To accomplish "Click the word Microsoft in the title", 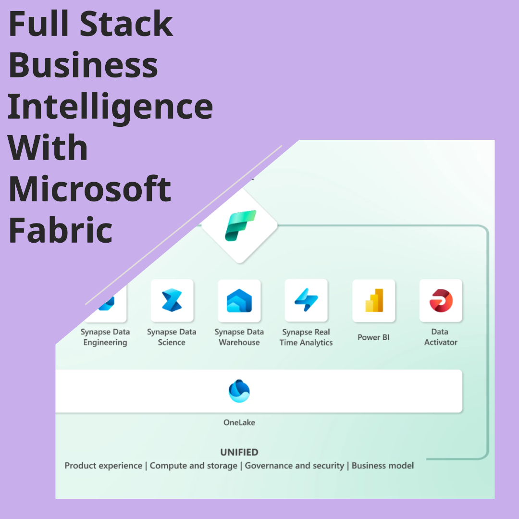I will coord(90,188).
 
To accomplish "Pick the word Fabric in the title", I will coord(61,230).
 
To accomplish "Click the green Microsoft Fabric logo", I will coord(240,225).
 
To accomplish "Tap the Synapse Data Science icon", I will coord(172,300).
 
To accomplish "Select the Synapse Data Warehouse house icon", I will coord(239,301).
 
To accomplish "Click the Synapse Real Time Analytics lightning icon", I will coord(306,300).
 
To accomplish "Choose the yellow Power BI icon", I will coord(374,300).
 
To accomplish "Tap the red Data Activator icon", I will coord(441,300).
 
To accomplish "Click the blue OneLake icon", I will coord(239,391).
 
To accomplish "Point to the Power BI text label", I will coord(373,337).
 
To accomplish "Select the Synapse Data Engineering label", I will coord(105,337).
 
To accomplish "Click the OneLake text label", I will coord(239,423).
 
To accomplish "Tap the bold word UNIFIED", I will coord(239,452).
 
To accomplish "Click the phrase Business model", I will coord(383,466).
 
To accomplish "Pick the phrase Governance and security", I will coord(295,466).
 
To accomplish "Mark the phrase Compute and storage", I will coord(194,466).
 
